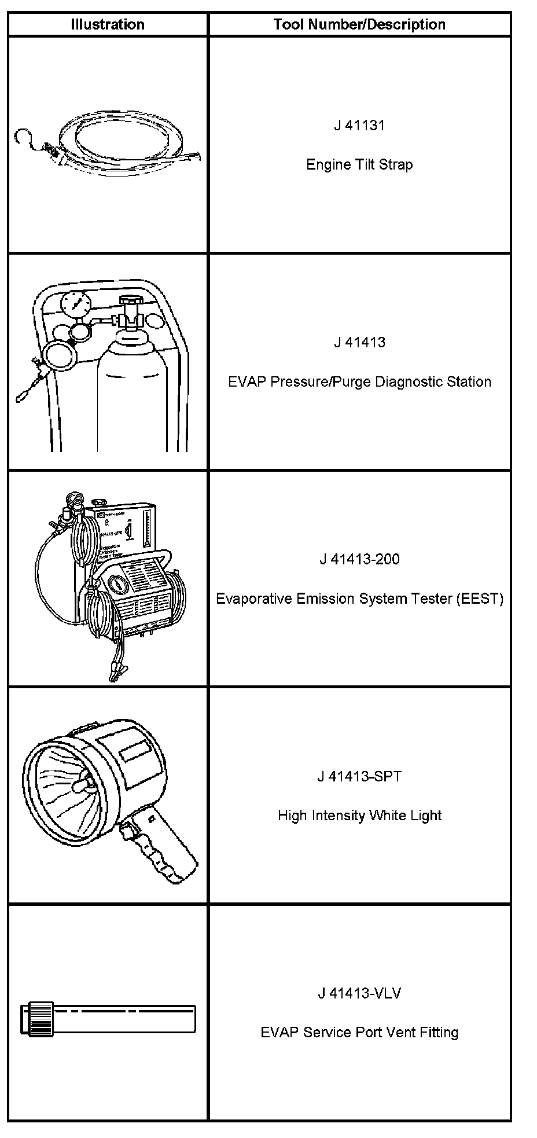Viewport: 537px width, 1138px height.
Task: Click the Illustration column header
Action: [x=108, y=24]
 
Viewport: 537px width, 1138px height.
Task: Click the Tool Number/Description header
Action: [x=359, y=24]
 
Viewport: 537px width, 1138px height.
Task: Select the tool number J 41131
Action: [x=359, y=126]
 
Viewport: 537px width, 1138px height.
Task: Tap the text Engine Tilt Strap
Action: [x=359, y=165]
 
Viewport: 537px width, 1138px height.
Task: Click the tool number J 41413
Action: [x=359, y=343]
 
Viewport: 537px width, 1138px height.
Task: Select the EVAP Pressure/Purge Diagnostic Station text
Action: [x=359, y=382]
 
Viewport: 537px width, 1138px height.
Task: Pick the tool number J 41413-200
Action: [x=359, y=560]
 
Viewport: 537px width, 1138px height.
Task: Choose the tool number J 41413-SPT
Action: [x=359, y=777]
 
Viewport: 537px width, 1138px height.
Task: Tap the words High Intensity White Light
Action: [x=359, y=816]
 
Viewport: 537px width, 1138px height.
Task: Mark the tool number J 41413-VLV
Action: [x=359, y=994]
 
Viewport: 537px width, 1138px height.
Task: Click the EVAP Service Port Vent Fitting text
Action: [x=359, y=1033]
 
